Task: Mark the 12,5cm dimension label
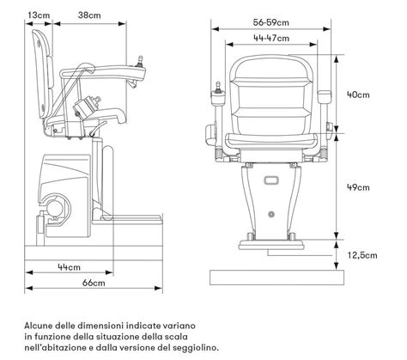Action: pos(361,254)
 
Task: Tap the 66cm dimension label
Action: pos(93,283)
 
